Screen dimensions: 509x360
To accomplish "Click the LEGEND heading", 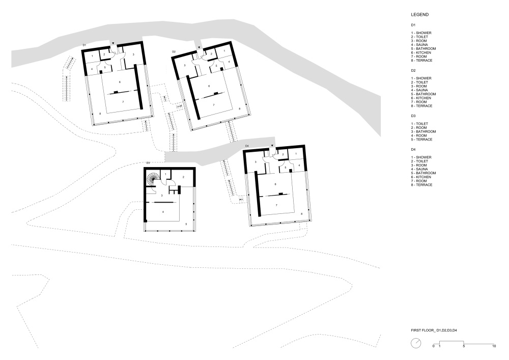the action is click(419, 15).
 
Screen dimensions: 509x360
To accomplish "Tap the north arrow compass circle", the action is click(416, 343).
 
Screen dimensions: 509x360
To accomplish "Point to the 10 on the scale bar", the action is click(494, 346).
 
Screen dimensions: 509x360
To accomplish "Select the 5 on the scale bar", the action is click(464, 346).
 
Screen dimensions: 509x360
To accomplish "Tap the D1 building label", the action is click(84, 45).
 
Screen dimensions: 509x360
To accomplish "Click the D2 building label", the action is click(174, 51).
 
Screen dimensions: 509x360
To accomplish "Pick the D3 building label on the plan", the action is click(148, 163).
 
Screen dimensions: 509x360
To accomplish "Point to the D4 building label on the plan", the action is click(247, 146).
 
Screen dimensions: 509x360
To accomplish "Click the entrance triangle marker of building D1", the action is click(113, 43).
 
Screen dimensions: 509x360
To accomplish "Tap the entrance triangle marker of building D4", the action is click(272, 146).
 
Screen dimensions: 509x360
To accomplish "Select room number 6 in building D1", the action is click(120, 82).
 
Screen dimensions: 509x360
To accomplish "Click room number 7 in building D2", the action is click(214, 105).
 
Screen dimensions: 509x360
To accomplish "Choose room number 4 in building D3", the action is click(163, 212).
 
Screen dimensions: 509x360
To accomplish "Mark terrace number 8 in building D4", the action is click(301, 214).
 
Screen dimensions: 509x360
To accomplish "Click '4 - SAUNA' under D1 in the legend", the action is click(419, 45).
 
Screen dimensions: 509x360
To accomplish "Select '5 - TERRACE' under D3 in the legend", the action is click(421, 140).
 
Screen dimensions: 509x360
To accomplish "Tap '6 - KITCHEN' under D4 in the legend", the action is click(421, 177).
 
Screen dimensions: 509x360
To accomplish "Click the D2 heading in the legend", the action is click(413, 70).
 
